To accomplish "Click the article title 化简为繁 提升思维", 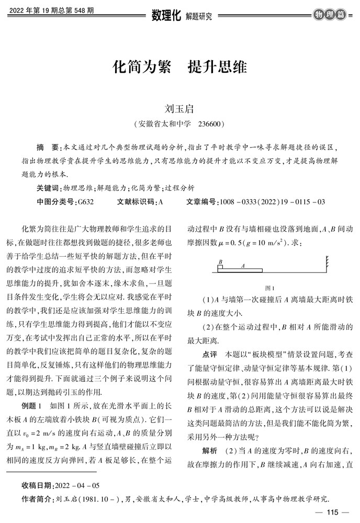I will pyautogui.click(x=179, y=69).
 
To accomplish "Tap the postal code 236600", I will pyautogui.click(x=212, y=124).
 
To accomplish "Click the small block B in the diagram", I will pyautogui.click(x=220, y=267).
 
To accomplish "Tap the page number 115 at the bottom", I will pyautogui.click(x=333, y=511).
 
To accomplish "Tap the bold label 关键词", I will pyautogui.click(x=49, y=187).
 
